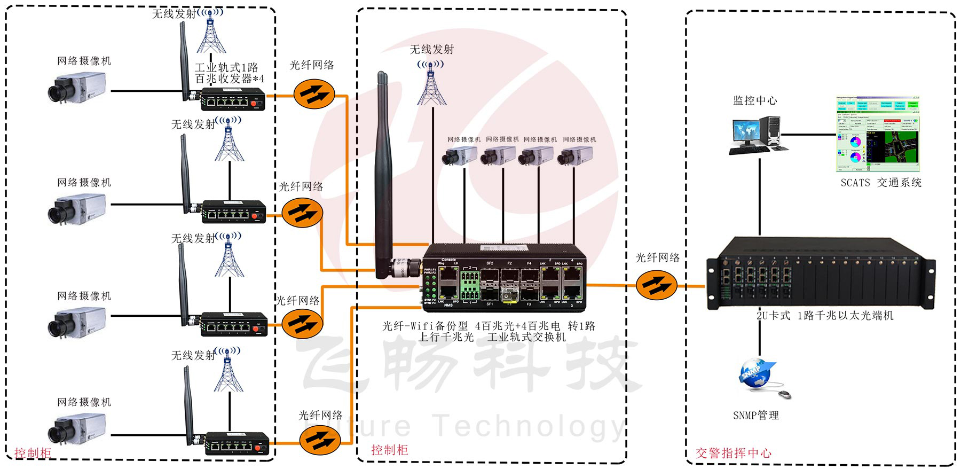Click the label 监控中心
coord(754,100)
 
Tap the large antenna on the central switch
coord(383,176)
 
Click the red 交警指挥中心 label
coord(733,453)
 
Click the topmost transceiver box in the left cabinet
coord(233,99)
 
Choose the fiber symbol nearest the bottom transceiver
coord(319,440)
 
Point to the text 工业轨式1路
coord(226,68)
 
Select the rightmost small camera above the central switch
coord(574,155)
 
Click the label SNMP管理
coord(755,415)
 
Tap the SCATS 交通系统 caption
coord(880,183)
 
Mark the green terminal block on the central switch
coord(469,286)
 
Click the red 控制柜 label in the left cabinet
coord(33,453)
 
